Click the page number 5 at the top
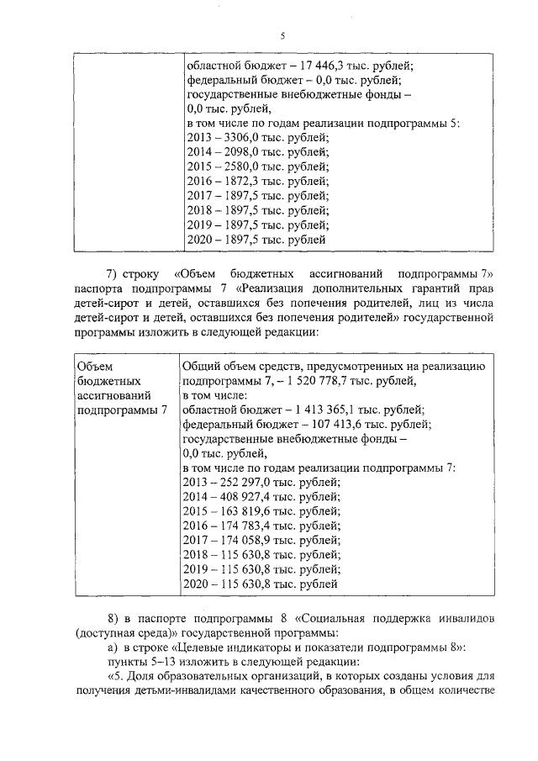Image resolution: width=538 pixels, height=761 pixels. [282, 35]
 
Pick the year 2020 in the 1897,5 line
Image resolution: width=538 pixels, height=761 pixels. [197, 239]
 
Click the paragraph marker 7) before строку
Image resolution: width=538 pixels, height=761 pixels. [113, 273]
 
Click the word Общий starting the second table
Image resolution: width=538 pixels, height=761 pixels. [202, 366]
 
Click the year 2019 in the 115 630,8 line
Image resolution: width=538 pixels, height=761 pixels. [197, 568]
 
